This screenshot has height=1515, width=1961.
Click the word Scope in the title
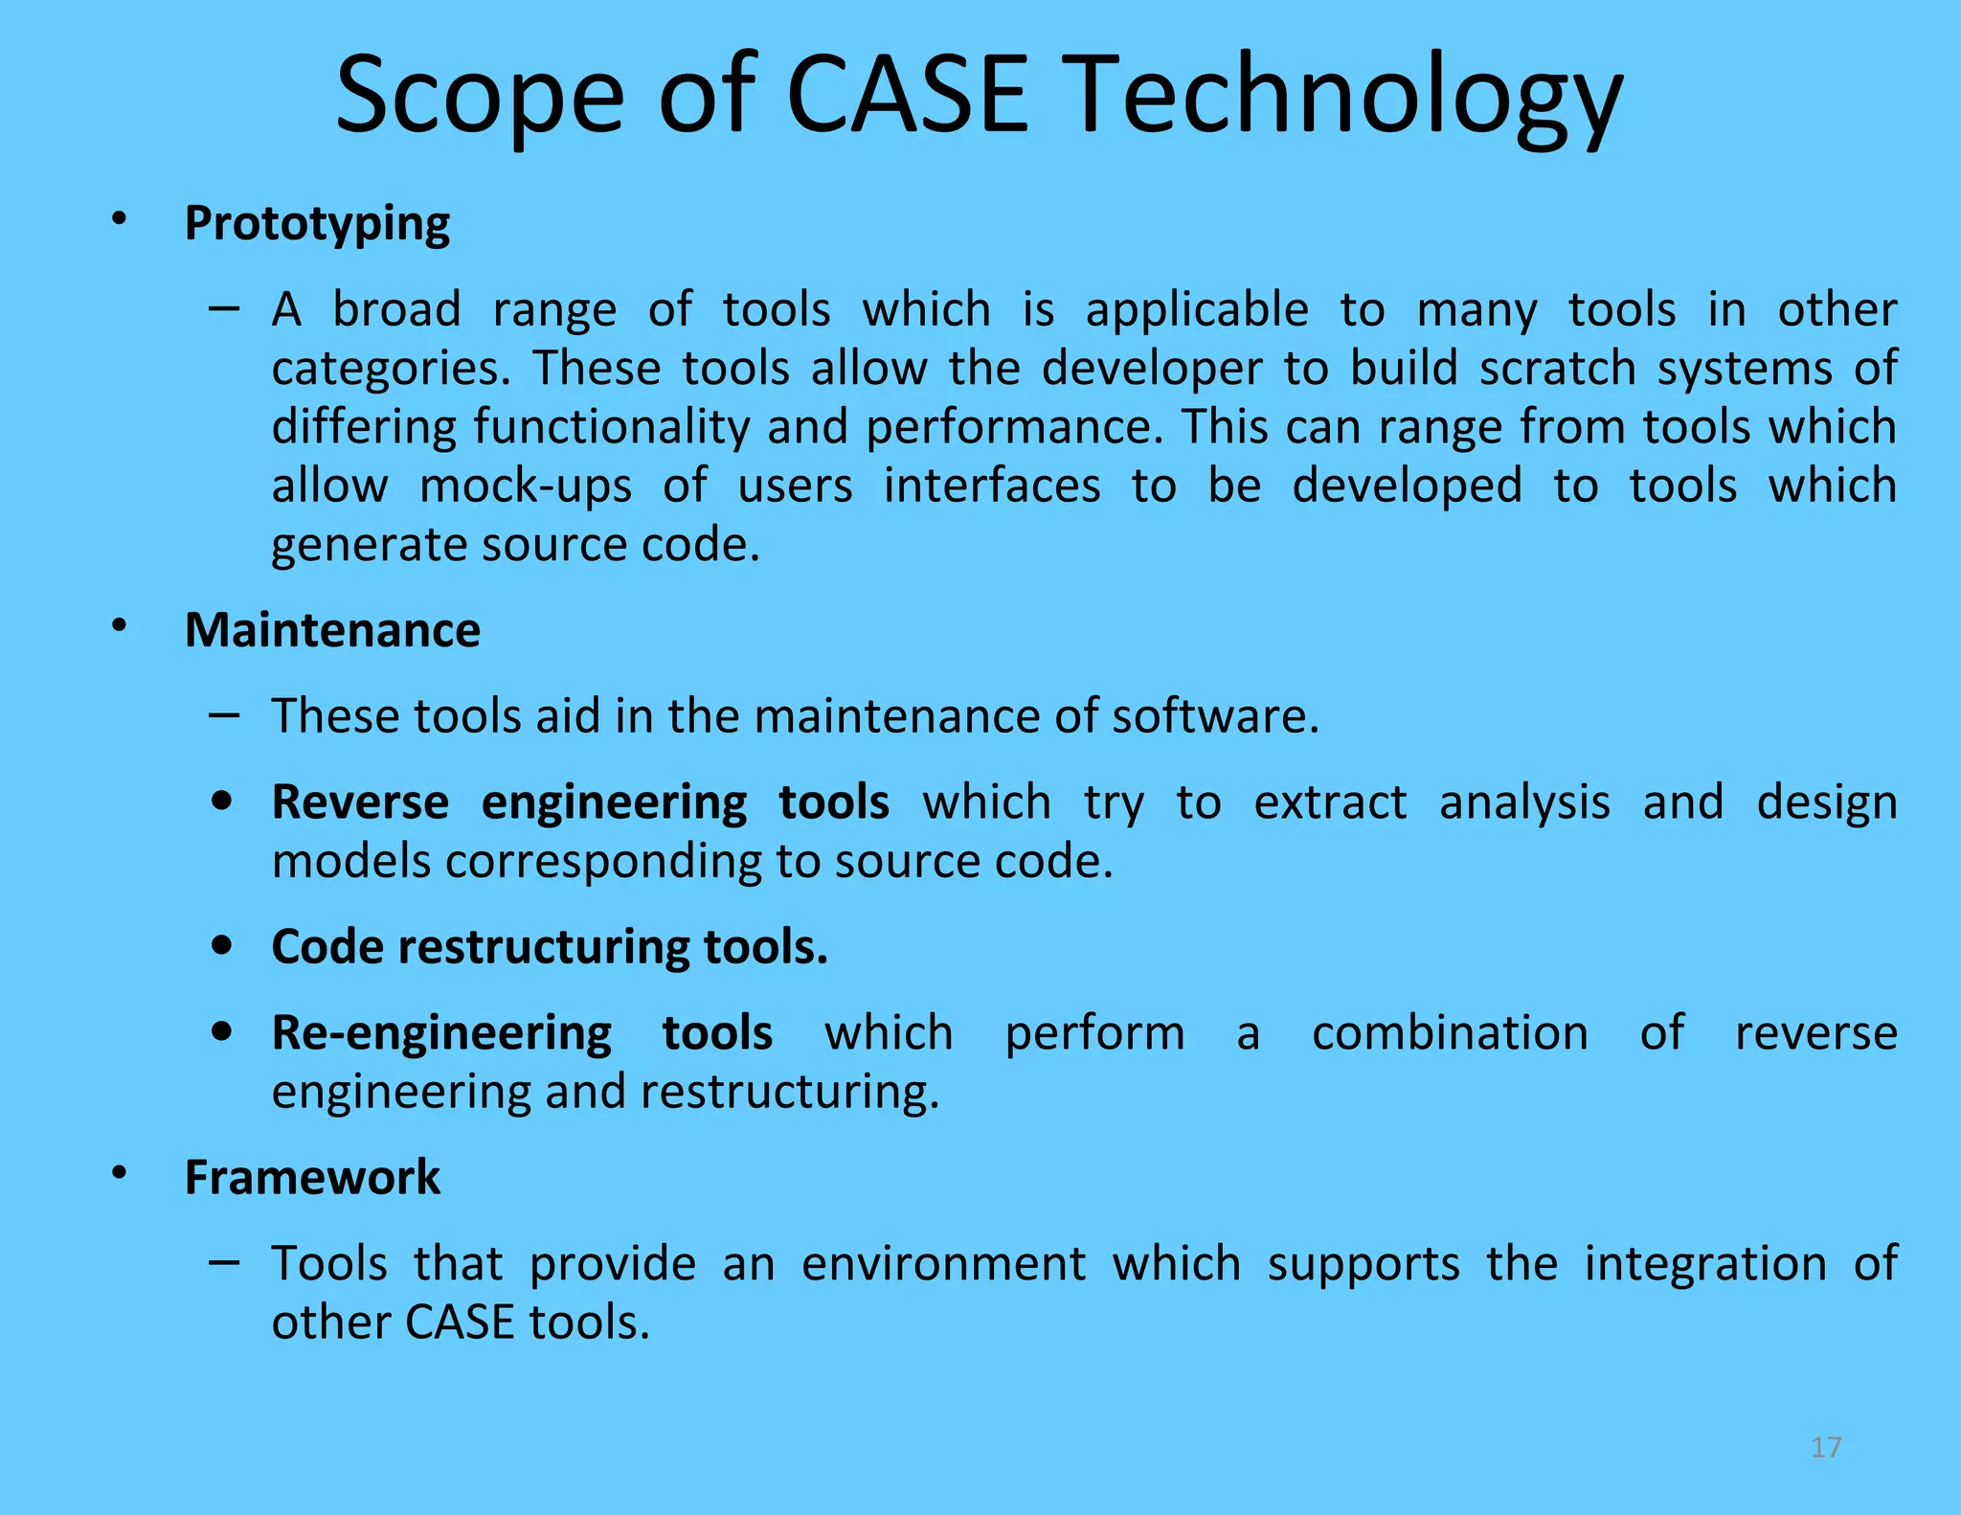click(479, 96)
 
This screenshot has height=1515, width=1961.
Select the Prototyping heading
click(317, 224)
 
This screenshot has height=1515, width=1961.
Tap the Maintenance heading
click(332, 630)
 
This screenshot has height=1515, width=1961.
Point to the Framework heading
click(312, 1177)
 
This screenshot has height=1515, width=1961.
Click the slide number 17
click(1826, 1447)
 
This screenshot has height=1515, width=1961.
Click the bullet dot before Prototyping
click(119, 219)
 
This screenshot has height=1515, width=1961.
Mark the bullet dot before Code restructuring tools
click(222, 946)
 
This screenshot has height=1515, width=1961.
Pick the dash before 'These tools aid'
click(223, 714)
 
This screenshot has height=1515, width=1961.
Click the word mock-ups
click(526, 486)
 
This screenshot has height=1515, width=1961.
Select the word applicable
click(1196, 309)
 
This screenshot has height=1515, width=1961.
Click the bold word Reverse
click(360, 802)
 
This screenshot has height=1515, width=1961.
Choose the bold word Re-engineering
click(441, 1033)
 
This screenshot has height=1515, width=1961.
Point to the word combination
click(1450, 1033)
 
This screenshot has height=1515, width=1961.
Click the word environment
click(943, 1263)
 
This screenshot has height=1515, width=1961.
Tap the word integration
click(1705, 1263)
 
